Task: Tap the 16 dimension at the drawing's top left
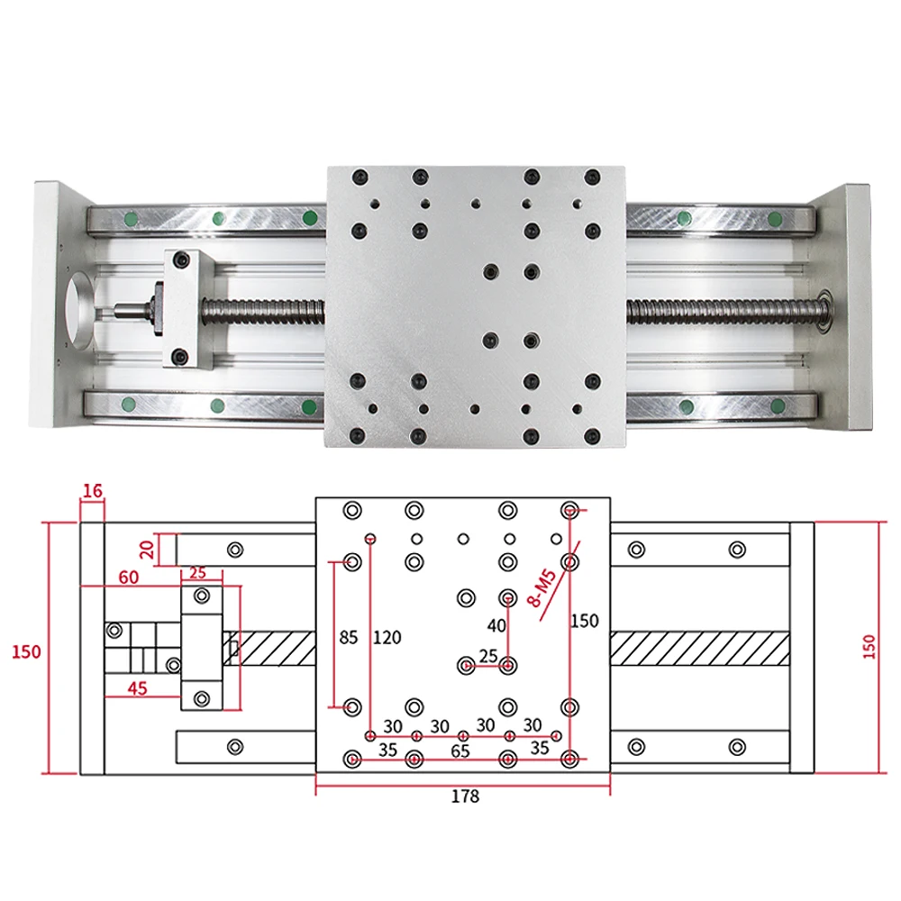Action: [92, 491]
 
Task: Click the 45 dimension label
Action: [138, 689]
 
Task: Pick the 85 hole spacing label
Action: [349, 638]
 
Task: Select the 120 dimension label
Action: [387, 638]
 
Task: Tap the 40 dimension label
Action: [496, 626]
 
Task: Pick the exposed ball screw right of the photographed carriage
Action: [721, 309]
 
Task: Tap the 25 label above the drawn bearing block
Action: [198, 573]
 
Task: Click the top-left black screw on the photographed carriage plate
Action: [359, 175]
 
